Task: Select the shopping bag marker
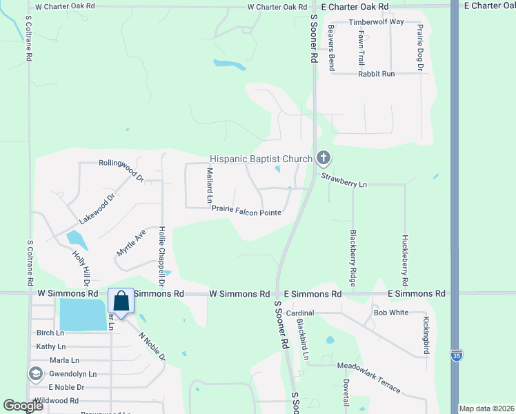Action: click(x=121, y=302)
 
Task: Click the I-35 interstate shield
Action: click(x=455, y=355)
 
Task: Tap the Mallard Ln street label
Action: click(x=210, y=185)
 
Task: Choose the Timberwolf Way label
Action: click(x=376, y=22)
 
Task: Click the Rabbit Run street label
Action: click(x=376, y=73)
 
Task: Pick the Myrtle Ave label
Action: click(x=131, y=244)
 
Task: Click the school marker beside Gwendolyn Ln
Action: click(x=35, y=374)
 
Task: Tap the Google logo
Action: click(x=23, y=406)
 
